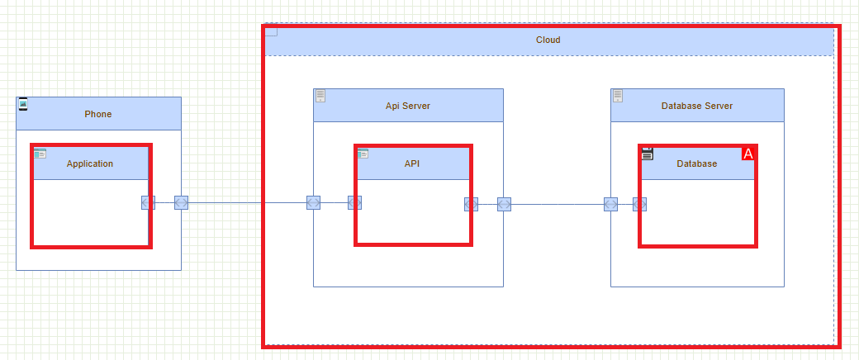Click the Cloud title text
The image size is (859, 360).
548,40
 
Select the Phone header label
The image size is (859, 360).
97,114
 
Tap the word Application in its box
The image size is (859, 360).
90,163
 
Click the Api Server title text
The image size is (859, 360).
407,106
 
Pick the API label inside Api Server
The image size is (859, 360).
412,163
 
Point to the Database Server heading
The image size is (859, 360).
696,106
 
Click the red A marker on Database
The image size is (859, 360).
748,154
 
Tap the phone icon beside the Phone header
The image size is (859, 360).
23,104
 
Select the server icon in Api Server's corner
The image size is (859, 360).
320,96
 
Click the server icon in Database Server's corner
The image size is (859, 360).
618,96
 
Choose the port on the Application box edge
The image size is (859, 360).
148,202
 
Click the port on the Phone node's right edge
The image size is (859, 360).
181,202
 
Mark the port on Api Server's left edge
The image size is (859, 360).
313,202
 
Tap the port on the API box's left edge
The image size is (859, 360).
355,202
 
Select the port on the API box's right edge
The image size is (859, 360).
471,204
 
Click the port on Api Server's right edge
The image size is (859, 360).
504,204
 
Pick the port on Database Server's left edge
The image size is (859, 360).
610,204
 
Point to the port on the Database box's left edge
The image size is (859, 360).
639,204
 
